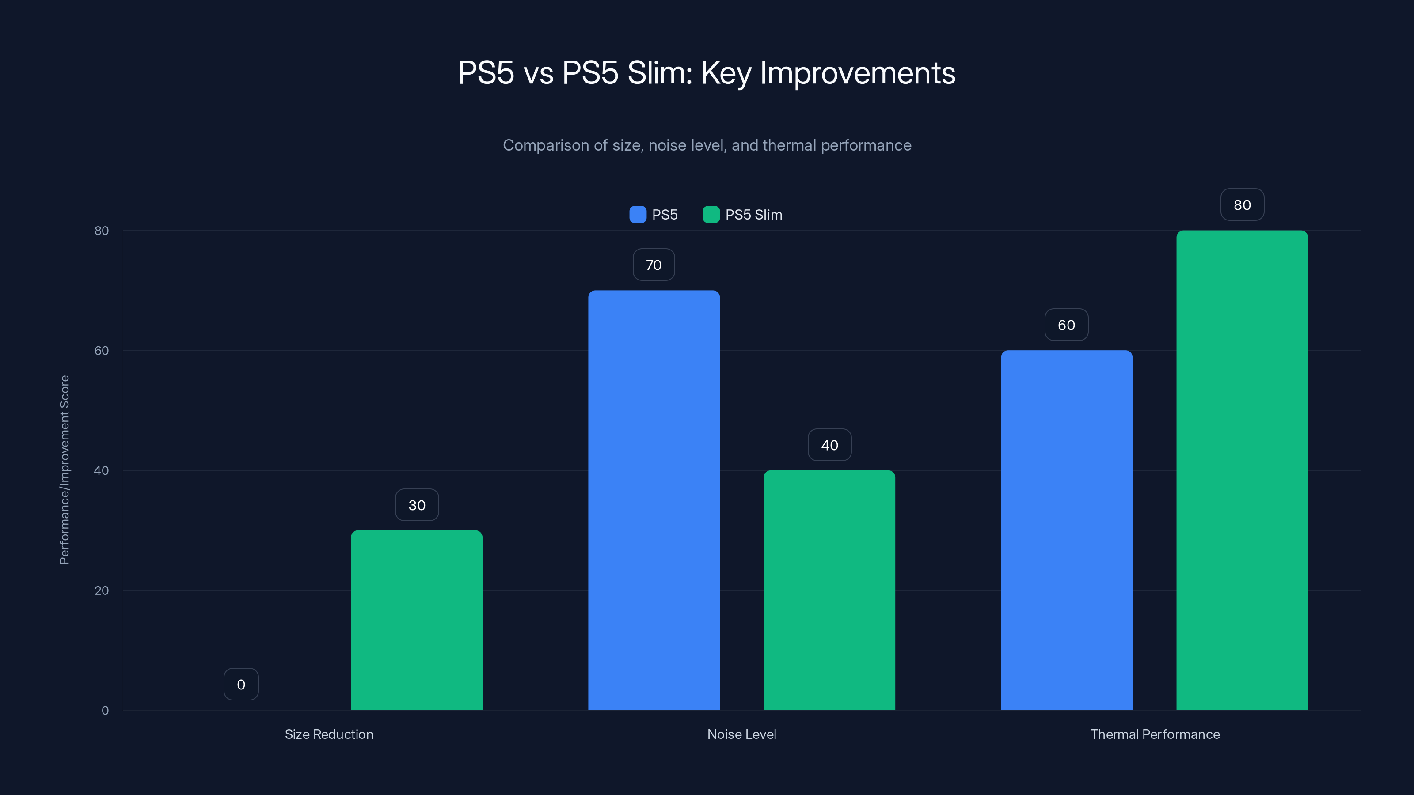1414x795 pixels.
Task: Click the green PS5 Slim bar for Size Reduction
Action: pos(417,620)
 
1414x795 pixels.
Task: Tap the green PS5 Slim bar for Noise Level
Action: pos(829,590)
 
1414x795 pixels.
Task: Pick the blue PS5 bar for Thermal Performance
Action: pos(1067,530)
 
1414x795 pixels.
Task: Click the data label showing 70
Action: pos(654,265)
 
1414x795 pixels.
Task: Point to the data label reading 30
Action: pos(417,505)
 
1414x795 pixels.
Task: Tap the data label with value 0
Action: pos(241,684)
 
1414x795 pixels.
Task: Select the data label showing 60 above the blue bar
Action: pos(1067,325)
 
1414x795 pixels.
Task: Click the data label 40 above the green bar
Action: pos(829,445)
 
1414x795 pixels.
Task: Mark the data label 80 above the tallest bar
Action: pos(1242,204)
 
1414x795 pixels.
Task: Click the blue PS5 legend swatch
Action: pos(638,215)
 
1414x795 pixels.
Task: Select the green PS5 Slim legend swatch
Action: pos(711,215)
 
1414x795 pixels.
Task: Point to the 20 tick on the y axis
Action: pos(102,591)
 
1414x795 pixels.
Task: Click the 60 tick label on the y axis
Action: pos(102,351)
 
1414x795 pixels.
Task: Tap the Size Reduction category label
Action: pos(329,734)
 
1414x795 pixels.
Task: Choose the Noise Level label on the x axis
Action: pos(741,734)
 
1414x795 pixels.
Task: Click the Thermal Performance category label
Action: pos(1155,734)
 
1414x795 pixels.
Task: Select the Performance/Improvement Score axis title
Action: pos(65,469)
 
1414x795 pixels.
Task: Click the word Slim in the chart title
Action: pos(660,73)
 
